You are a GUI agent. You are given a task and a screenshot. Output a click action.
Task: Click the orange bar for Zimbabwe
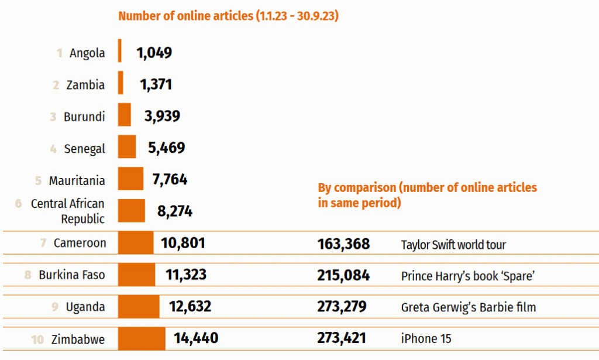coord(142,339)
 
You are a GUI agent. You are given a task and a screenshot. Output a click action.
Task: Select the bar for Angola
coord(120,51)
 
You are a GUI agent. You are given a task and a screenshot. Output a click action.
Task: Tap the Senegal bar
coord(126,146)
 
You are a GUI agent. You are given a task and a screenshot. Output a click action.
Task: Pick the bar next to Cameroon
coord(136,242)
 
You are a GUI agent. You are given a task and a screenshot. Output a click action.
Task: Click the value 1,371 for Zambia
coord(156,85)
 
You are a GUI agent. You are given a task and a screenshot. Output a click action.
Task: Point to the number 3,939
coord(162,116)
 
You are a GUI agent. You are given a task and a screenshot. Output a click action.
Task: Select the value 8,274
coord(175,211)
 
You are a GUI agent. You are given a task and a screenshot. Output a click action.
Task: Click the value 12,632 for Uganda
coord(190,307)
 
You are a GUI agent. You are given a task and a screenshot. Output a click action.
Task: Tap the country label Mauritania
coord(77,180)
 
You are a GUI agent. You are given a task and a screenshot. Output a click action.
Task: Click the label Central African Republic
coord(68,211)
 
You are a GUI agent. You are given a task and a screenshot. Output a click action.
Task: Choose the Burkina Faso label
coord(72,275)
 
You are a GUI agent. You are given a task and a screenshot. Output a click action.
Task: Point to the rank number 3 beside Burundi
coord(53,117)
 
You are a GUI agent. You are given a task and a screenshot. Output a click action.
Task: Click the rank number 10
coord(37,339)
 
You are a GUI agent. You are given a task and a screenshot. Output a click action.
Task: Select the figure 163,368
coord(343,244)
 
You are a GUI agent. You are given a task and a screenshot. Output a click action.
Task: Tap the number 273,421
coord(343,338)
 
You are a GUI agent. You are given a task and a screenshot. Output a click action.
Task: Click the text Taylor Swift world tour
coord(453,245)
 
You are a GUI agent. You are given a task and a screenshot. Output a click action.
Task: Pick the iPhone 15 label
coord(426,339)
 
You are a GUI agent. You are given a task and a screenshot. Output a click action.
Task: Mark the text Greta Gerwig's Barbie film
coord(468,307)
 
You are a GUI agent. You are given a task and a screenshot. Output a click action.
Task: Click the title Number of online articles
coord(229,16)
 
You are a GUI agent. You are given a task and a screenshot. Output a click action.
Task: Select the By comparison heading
coord(427,195)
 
